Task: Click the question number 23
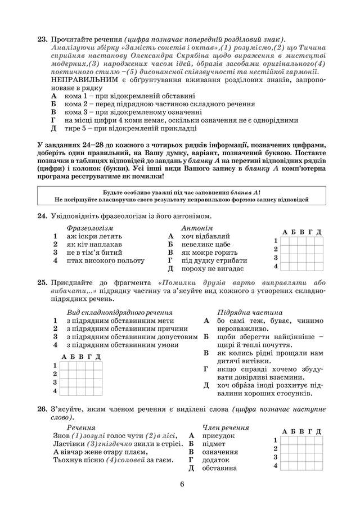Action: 41,39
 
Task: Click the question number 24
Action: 41,216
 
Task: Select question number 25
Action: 41,282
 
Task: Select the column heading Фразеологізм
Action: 90,228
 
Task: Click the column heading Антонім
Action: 196,228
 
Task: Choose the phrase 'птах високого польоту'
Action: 105,260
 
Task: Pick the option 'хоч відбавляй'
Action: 206,237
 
